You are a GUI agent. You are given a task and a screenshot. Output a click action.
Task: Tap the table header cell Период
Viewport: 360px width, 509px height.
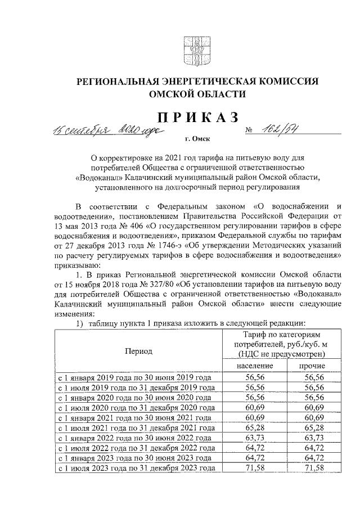tap(138, 351)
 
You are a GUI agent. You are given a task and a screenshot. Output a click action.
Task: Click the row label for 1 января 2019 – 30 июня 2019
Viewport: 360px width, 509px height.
tap(135, 378)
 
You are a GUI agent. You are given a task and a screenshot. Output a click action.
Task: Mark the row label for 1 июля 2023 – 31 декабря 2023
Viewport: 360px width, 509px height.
tap(136, 469)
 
